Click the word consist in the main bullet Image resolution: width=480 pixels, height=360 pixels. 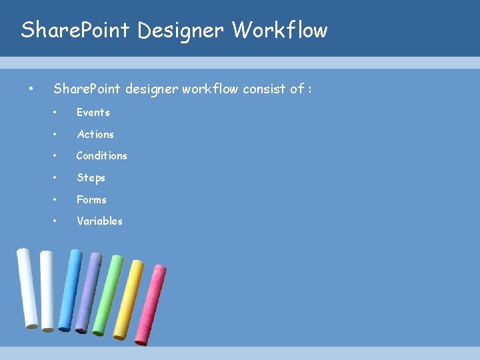265,89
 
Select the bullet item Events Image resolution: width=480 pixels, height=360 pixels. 93,113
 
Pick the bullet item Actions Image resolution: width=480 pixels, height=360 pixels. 95,134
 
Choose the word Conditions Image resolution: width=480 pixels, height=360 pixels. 101,156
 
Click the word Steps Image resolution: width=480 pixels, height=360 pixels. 91,178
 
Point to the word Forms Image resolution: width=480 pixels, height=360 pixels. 91,199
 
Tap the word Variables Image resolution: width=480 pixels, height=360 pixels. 99,221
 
